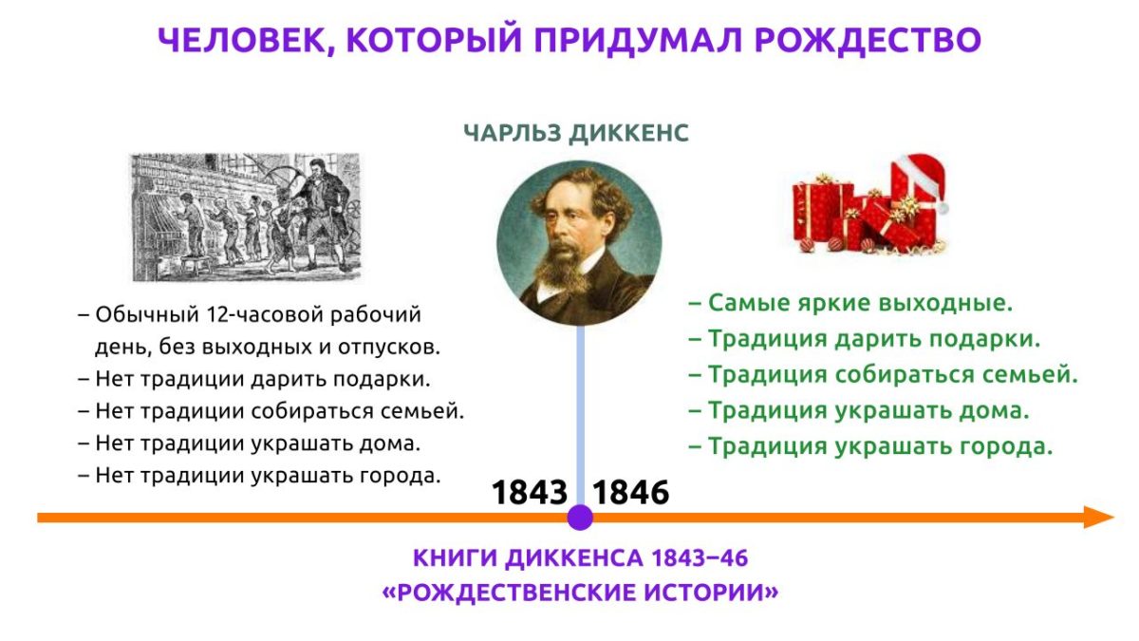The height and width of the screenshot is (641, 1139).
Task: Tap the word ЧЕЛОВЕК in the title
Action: [x=241, y=41]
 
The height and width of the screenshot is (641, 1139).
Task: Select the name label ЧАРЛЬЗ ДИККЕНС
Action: [x=576, y=133]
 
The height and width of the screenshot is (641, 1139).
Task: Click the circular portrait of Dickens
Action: [x=579, y=243]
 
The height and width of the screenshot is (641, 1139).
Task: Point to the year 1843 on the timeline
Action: [x=530, y=493]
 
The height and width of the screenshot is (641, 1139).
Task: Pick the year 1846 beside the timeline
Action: [x=630, y=493]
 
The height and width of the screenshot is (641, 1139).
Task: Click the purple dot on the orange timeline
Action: [x=580, y=518]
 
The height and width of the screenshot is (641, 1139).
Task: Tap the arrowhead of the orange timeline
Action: [x=1098, y=518]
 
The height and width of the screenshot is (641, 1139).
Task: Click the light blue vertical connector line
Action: [x=580, y=415]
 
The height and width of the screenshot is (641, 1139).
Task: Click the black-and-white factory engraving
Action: [x=246, y=217]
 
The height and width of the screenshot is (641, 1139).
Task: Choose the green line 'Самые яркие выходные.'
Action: [x=851, y=303]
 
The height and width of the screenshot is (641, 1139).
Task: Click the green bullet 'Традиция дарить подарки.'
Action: [x=865, y=339]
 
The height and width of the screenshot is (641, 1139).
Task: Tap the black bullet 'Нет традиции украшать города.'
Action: [x=259, y=476]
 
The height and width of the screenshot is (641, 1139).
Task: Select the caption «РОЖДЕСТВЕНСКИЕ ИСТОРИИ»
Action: [x=580, y=593]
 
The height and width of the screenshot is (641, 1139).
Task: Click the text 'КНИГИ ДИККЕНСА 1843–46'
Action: [x=580, y=558]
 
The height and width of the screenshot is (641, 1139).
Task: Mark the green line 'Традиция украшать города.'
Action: [x=870, y=446]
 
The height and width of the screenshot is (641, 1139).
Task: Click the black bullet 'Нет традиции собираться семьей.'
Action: [x=271, y=411]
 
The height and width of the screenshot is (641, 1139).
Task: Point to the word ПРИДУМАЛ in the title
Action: [x=638, y=41]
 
